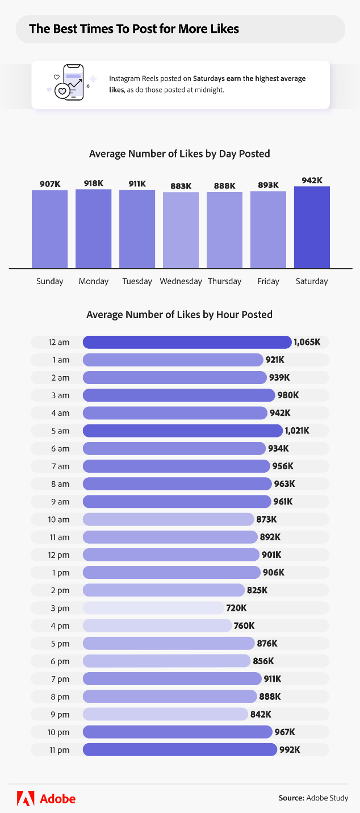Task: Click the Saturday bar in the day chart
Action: [x=312, y=227]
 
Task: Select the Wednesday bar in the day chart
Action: [x=181, y=230]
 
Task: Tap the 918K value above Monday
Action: [x=94, y=183]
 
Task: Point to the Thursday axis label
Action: [x=224, y=281]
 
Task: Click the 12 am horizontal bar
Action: [x=187, y=342]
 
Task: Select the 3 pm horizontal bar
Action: [x=153, y=608]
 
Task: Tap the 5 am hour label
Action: [x=59, y=431]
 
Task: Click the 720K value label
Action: [x=236, y=608]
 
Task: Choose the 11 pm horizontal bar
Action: [x=179, y=750]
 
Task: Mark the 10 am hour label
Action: [x=59, y=519]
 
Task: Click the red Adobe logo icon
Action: [x=26, y=798]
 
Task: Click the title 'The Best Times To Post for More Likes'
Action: [x=134, y=29]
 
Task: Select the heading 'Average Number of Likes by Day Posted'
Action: [x=179, y=154]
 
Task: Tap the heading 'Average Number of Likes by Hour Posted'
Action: [x=179, y=315]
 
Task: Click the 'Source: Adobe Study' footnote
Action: [x=313, y=798]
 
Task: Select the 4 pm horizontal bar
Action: [x=157, y=626]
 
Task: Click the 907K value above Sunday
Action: [x=50, y=184]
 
